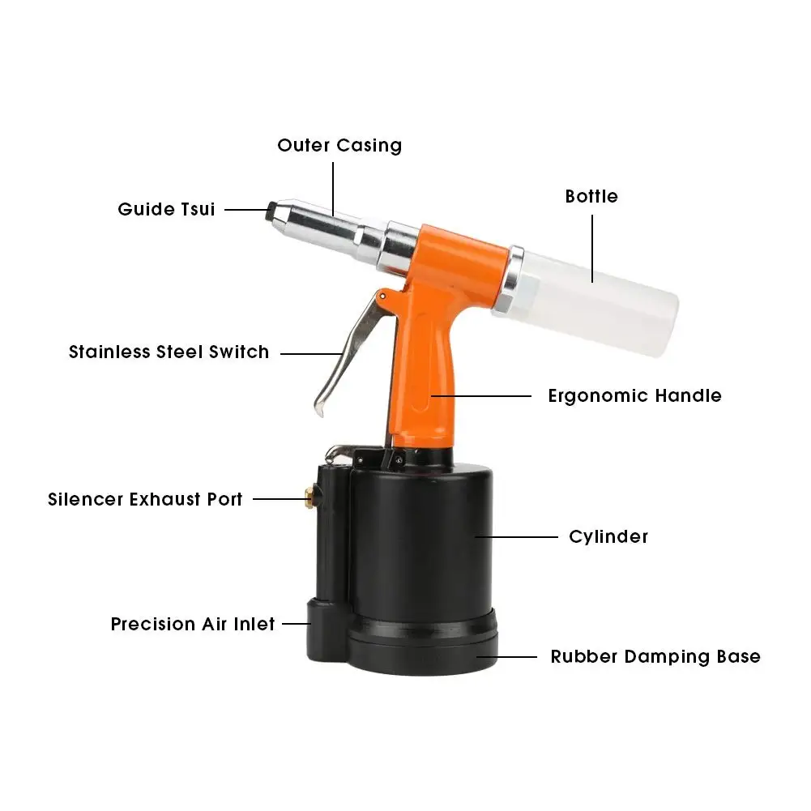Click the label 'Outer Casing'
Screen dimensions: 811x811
[339, 146]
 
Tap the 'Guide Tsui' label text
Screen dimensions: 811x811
[166, 209]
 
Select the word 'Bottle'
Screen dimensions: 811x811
[591, 196]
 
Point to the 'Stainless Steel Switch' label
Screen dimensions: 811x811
[169, 352]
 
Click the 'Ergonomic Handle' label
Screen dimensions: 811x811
[634, 396]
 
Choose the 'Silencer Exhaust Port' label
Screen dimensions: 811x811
[145, 499]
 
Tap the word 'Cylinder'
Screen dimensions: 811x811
[608, 536]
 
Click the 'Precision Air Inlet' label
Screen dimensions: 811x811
[193, 625]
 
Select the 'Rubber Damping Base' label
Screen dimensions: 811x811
[655, 656]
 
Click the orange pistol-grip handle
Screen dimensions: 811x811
[421, 381]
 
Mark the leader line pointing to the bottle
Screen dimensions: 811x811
[591, 247]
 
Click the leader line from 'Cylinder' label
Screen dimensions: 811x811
[516, 536]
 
